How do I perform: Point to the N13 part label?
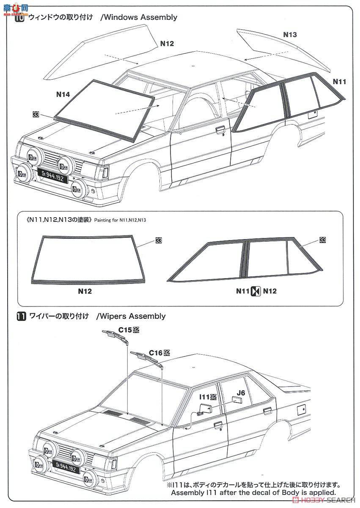pyautogui.click(x=290, y=35)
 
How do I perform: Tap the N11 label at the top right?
pyautogui.click(x=339, y=81)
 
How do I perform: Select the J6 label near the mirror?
pyautogui.click(x=241, y=392)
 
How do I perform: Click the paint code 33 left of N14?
pyautogui.click(x=35, y=114)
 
